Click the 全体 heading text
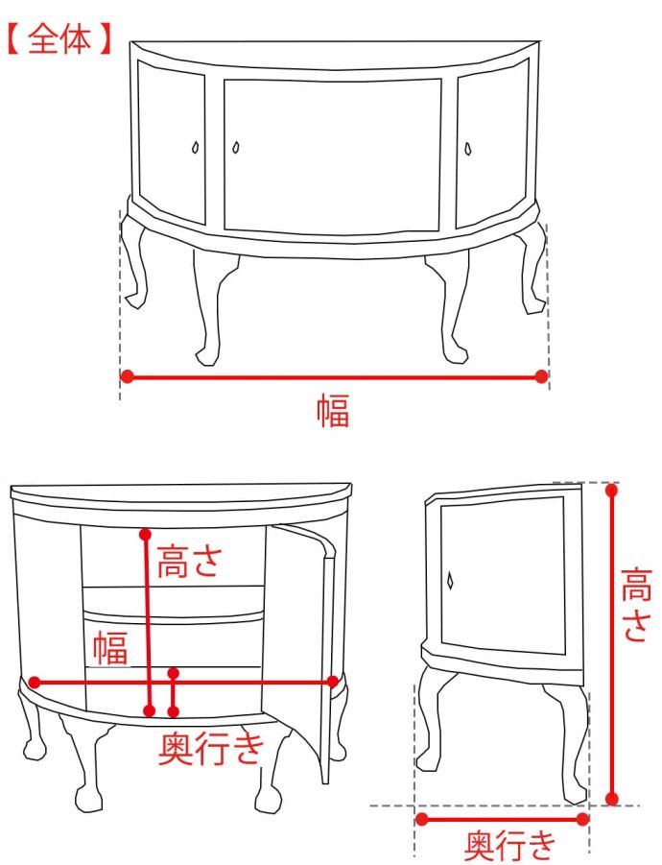click(x=59, y=39)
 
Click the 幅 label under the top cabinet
click(x=333, y=411)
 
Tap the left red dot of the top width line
click(x=128, y=376)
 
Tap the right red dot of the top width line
click(x=541, y=376)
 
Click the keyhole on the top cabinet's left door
click(x=195, y=148)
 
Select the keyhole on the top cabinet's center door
click(x=236, y=147)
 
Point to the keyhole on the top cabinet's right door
click(x=468, y=149)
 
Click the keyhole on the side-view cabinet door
click(x=450, y=581)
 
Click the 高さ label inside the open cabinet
click(x=190, y=561)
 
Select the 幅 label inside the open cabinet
click(x=110, y=648)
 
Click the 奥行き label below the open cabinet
click(x=211, y=748)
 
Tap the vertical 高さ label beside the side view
click(x=636, y=605)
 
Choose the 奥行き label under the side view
click(x=510, y=845)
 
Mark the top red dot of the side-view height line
click(x=611, y=490)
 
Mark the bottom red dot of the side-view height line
click(x=611, y=798)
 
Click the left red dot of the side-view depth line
click(x=422, y=819)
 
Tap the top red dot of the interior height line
click(x=146, y=534)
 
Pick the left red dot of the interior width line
click(x=35, y=682)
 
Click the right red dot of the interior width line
click(x=332, y=682)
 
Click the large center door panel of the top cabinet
click(x=332, y=157)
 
